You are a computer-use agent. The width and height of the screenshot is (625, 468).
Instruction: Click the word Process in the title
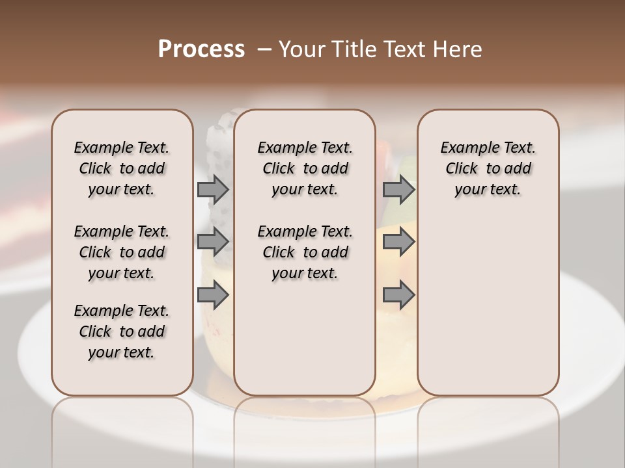pyautogui.click(x=201, y=49)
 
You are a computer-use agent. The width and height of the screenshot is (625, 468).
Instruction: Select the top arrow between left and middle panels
pyautogui.click(x=213, y=190)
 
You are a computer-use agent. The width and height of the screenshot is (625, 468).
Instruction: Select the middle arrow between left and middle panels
pyautogui.click(x=213, y=242)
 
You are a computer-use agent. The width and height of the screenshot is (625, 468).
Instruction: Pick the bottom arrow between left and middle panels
pyautogui.click(x=213, y=296)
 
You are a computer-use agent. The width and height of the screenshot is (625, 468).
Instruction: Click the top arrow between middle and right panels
pyautogui.click(x=398, y=190)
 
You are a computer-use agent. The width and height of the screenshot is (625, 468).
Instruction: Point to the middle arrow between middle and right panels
pyautogui.click(x=398, y=242)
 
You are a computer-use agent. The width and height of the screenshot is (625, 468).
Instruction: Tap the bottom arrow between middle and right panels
pyautogui.click(x=398, y=296)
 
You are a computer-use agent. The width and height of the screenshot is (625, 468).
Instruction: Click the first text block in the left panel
pyautogui.click(x=122, y=168)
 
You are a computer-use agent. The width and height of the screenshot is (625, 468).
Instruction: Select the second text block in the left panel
pyautogui.click(x=122, y=252)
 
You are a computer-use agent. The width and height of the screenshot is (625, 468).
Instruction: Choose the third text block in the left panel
pyautogui.click(x=122, y=331)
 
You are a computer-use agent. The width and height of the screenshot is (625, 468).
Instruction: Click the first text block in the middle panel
pyautogui.click(x=305, y=168)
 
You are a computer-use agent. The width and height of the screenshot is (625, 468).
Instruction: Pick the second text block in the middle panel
pyautogui.click(x=305, y=252)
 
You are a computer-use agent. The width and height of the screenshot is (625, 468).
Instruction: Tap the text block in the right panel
pyautogui.click(x=488, y=168)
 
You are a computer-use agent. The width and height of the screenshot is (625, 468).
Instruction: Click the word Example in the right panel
pyautogui.click(x=465, y=148)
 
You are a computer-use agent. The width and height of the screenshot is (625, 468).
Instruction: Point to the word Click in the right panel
pyautogui.click(x=462, y=169)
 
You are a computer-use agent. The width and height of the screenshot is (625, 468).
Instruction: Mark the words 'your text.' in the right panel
pyautogui.click(x=488, y=190)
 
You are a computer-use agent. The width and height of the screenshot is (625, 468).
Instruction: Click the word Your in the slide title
pyautogui.click(x=298, y=49)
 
